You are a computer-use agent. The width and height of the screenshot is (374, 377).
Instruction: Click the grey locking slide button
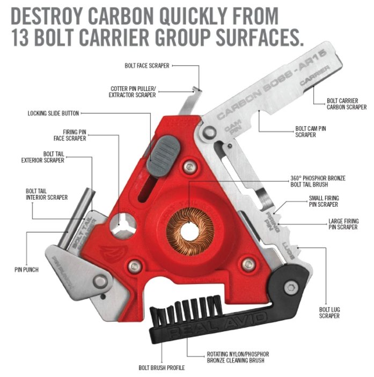tap(164, 156)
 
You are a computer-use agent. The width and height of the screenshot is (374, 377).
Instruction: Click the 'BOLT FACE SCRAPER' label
tap(147, 66)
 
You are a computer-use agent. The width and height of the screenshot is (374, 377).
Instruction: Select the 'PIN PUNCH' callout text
tap(26, 270)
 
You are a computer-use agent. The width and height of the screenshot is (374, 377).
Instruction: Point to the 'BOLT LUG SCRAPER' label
tap(329, 313)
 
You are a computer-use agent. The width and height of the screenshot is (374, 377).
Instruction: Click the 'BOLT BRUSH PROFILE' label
tap(162, 368)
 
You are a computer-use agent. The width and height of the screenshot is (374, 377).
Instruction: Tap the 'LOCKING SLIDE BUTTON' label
tap(53, 113)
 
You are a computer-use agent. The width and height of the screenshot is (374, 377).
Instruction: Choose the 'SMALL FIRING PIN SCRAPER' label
tap(324, 201)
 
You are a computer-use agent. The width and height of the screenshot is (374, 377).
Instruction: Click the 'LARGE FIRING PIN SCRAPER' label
tap(343, 224)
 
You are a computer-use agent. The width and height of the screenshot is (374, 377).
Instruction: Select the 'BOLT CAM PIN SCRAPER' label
tap(310, 132)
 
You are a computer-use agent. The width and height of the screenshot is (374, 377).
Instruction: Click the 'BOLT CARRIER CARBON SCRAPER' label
tap(347, 104)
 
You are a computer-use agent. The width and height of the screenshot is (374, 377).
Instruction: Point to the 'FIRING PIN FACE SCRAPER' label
tap(70, 135)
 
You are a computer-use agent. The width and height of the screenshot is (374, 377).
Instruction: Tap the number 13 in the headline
tap(20, 38)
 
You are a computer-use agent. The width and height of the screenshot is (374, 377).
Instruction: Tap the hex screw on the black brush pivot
tap(291, 287)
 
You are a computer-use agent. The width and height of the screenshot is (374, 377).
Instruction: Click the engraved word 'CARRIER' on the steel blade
tap(314, 76)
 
